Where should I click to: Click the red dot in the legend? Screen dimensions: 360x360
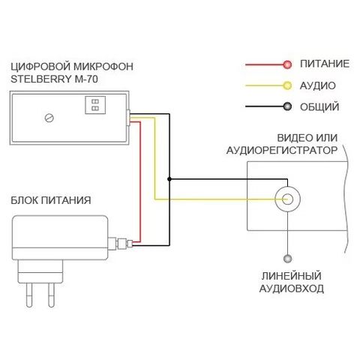coord(287,64)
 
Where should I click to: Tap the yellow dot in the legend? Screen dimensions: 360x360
coord(287,85)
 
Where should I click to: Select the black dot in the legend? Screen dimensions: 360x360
coord(287,106)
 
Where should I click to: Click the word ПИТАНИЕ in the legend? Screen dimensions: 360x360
coord(325,64)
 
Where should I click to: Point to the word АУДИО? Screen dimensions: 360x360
coord(317,85)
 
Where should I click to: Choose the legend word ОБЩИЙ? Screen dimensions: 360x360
coord(319,107)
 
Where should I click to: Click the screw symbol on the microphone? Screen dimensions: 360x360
coord(49,118)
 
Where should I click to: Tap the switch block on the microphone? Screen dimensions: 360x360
coord(95,105)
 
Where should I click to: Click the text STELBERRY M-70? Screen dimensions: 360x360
coord(54,79)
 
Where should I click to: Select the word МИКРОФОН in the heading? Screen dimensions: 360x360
coord(103,67)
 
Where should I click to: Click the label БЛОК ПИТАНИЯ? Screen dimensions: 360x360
coord(51,200)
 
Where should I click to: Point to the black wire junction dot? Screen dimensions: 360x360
coord(169,179)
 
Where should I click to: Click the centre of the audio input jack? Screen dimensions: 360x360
coord(287,199)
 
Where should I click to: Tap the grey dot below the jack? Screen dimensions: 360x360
coord(287,259)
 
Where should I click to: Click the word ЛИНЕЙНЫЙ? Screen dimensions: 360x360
coord(292,276)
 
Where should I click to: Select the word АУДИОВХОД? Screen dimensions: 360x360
coord(292,289)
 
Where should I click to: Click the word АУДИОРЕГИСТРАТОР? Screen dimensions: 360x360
coord(282,151)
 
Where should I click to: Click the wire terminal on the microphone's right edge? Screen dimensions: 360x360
coord(128,118)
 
